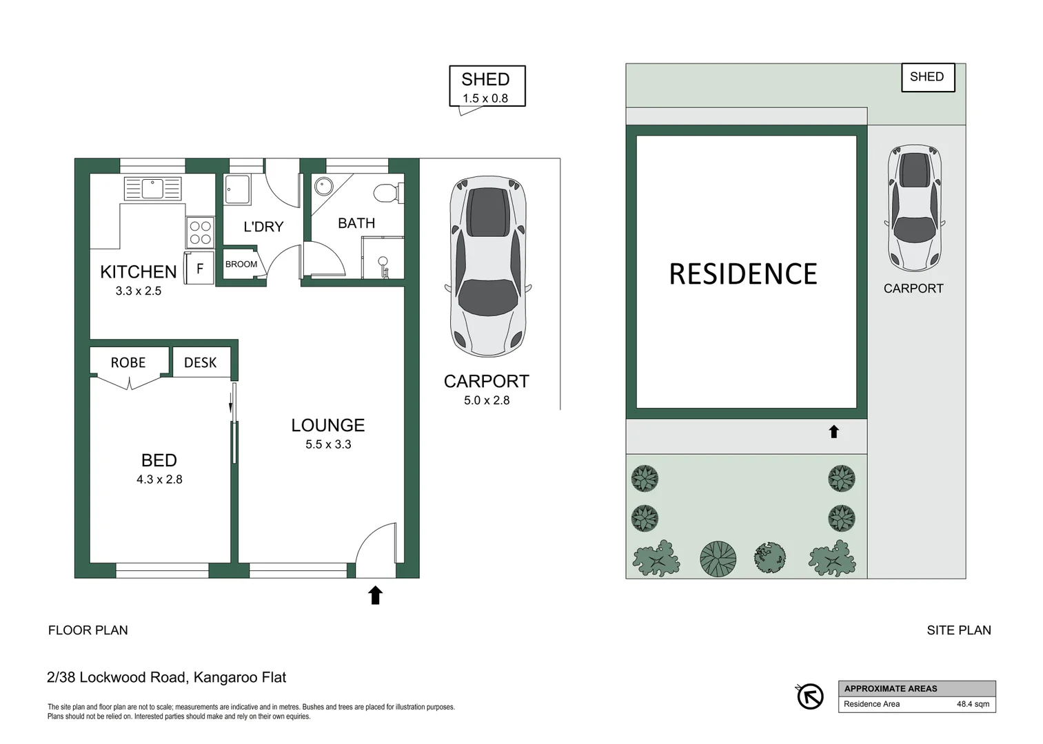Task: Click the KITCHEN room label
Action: (x=138, y=272)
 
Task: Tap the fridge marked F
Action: (x=200, y=269)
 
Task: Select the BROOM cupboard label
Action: (x=241, y=265)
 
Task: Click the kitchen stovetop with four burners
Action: (x=200, y=232)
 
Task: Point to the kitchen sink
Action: (x=153, y=188)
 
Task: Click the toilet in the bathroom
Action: (x=387, y=193)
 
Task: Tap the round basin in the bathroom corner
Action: (x=323, y=187)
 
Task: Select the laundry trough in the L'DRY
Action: (x=238, y=189)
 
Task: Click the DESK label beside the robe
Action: (x=200, y=362)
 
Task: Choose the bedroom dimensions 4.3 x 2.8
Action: (x=159, y=479)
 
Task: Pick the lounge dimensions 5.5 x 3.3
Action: (x=328, y=444)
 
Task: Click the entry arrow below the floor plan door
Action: (x=375, y=595)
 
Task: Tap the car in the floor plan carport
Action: (x=488, y=266)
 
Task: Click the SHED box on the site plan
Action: (x=927, y=77)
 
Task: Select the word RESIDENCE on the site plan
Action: (x=743, y=274)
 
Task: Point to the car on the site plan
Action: (x=914, y=208)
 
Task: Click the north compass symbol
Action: (x=810, y=696)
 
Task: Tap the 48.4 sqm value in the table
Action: (x=972, y=704)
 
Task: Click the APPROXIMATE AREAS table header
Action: (x=890, y=688)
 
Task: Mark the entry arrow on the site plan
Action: (x=833, y=432)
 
